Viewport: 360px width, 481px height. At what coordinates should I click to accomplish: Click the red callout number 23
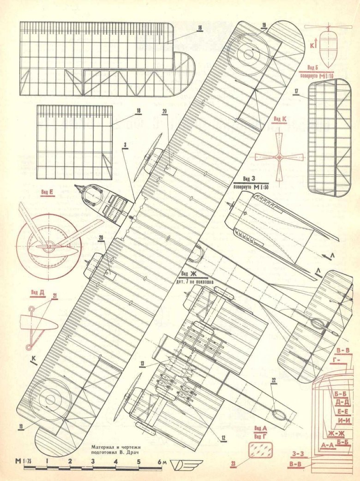(x=233, y=466)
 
